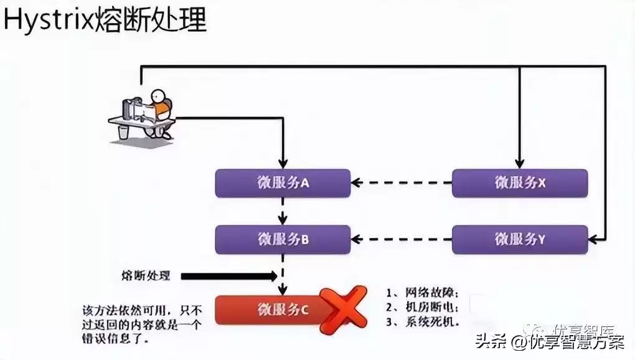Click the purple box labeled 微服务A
tap(283, 182)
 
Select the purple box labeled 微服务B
tap(283, 239)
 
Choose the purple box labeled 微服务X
tap(520, 182)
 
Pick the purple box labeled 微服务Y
tap(520, 239)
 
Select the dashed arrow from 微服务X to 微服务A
tap(402, 182)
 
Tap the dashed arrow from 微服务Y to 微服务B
tap(402, 239)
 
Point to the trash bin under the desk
tap(123, 132)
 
